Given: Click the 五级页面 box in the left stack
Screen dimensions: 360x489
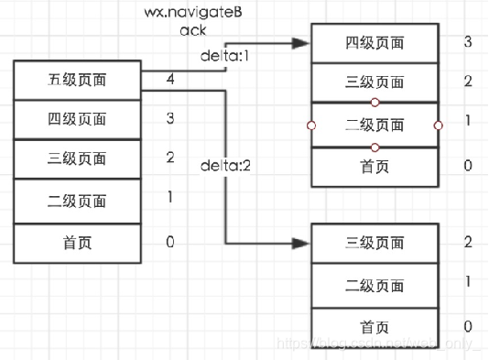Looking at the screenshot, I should (x=78, y=80).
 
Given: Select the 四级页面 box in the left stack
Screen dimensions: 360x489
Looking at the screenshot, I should (x=78, y=119).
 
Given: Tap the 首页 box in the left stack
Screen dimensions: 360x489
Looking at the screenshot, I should (x=78, y=243).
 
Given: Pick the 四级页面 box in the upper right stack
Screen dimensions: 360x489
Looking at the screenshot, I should (x=375, y=43).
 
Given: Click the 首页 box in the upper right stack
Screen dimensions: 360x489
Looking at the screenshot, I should (x=375, y=166).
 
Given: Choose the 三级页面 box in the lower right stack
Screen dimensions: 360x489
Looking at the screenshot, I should (x=375, y=243).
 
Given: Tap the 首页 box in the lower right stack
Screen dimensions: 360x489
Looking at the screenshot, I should (x=375, y=326).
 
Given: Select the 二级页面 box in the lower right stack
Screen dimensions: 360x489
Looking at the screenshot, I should (x=375, y=284).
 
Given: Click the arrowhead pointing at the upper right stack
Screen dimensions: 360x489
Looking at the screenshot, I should (x=301, y=43).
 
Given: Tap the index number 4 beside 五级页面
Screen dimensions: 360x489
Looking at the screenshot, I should (x=170, y=80).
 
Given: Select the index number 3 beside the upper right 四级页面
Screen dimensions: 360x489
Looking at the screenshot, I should (x=468, y=42).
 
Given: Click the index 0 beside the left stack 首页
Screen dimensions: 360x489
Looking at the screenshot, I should (x=170, y=242).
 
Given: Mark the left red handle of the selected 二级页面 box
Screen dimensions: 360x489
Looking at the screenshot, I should (x=312, y=125).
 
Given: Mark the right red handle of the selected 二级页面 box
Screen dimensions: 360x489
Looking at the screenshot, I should (x=438, y=125).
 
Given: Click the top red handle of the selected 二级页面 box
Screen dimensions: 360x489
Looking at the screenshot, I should (x=375, y=104).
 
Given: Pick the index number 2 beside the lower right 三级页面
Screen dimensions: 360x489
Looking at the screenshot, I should (x=468, y=242).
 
